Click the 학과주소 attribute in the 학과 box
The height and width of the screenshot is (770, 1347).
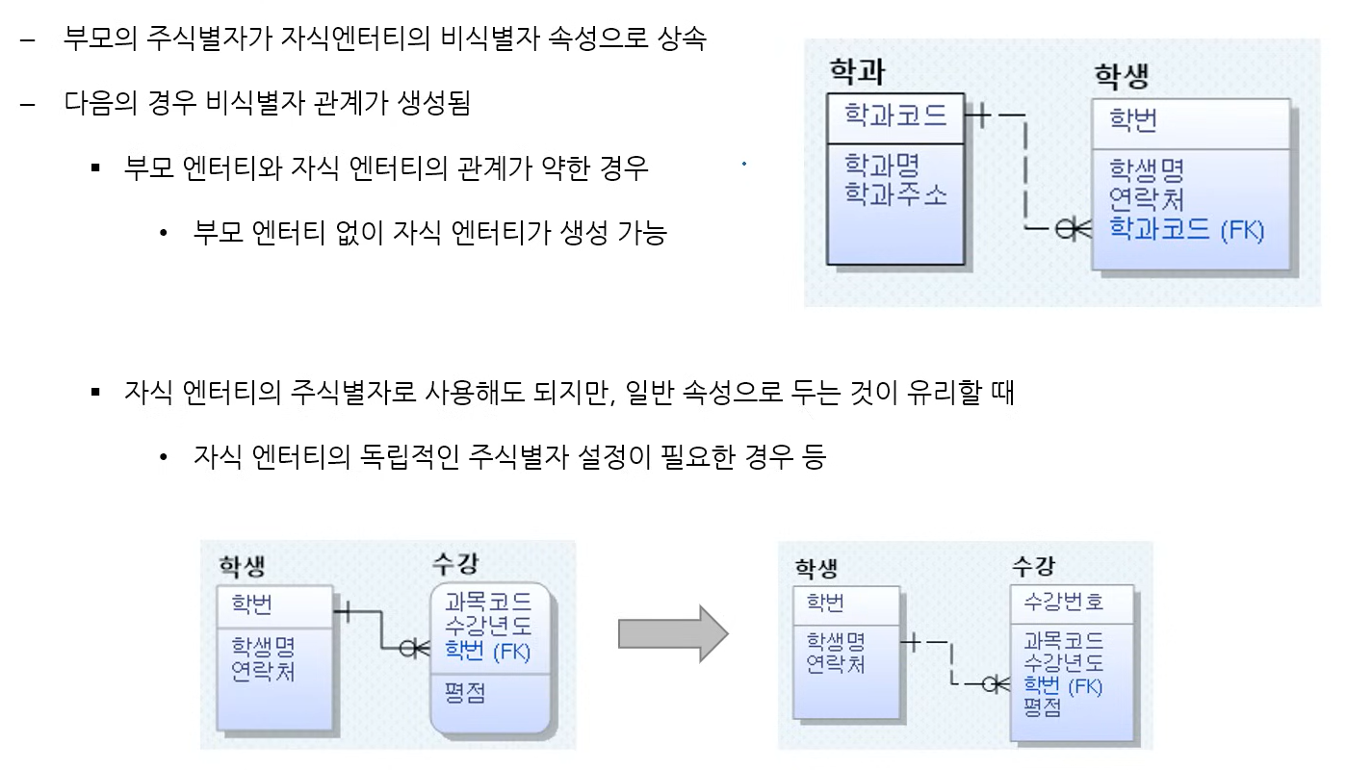[x=895, y=193]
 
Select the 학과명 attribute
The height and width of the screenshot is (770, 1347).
[x=882, y=164]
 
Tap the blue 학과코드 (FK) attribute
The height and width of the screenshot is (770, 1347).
[x=1186, y=230]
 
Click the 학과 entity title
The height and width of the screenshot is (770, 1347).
[x=857, y=72]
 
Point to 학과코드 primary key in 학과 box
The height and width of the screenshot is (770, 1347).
[x=895, y=115]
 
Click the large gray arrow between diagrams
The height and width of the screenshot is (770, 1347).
[x=673, y=633]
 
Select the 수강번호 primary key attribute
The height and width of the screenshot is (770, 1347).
[x=1063, y=603]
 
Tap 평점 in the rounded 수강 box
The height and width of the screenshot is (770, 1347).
[x=465, y=693]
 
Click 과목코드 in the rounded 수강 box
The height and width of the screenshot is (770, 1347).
[x=487, y=603]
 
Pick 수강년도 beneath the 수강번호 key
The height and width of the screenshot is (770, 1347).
[x=1063, y=663]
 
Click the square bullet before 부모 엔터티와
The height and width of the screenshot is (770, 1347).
[x=95, y=168]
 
